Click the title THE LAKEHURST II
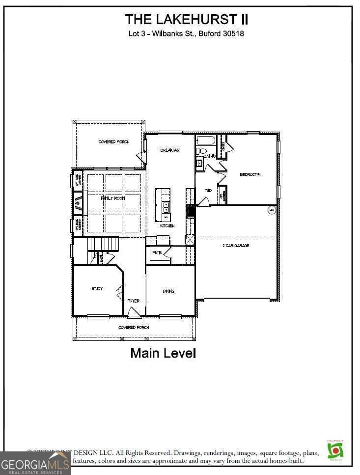point(186,20)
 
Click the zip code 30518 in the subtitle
point(233,34)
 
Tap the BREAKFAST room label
point(170,150)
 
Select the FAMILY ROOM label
point(113,197)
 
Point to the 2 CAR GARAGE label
point(236,246)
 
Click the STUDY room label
point(97,289)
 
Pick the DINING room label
point(168,291)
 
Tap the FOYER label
point(133,301)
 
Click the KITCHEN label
point(167,226)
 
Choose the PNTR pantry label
point(157,253)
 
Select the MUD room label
point(208,190)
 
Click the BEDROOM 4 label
point(250,174)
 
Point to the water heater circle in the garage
point(271,210)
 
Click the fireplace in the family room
point(78,201)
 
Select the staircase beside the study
point(104,243)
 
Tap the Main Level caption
point(163,353)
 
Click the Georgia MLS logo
point(35,463)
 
